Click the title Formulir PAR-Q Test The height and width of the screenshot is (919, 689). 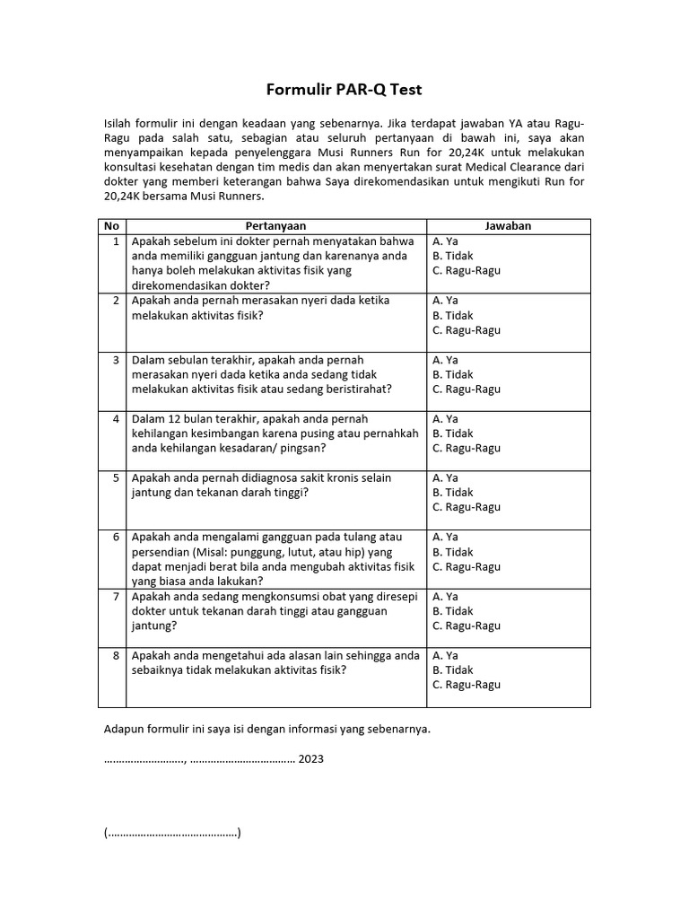tap(344, 90)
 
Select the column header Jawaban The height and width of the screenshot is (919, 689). tap(508, 226)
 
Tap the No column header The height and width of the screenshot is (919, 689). tap(111, 226)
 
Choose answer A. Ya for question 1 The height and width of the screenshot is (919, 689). tap(445, 241)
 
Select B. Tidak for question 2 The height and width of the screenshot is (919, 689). tap(452, 315)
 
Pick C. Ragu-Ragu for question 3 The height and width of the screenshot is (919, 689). tap(467, 389)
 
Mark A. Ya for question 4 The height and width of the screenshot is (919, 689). tap(445, 418)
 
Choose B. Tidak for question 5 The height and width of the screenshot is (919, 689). tap(452, 492)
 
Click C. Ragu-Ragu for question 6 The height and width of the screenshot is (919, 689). tap(467, 566)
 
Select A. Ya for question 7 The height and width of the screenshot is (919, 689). tap(445, 596)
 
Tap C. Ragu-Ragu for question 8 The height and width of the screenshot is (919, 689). tap(467, 684)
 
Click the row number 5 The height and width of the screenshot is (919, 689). tap(116, 477)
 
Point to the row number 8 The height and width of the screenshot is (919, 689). tap(116, 655)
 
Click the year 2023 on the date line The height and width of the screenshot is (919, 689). tap(311, 759)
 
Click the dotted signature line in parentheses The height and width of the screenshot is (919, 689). tap(172, 833)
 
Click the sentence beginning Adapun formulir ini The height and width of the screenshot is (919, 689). tap(267, 729)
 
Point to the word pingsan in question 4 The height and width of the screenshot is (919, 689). tap(306, 448)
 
